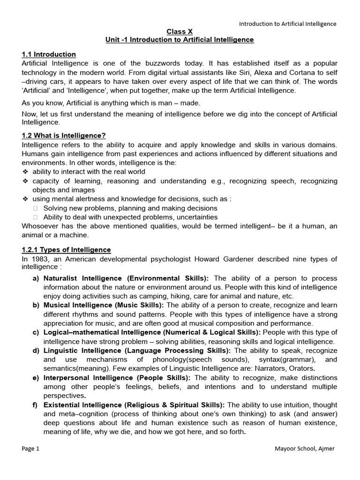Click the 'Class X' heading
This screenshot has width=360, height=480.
click(x=180, y=31)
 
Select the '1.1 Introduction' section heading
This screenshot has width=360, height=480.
click(x=49, y=54)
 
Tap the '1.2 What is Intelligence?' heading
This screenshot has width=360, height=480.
click(x=64, y=136)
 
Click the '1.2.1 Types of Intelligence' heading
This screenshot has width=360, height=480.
click(x=67, y=250)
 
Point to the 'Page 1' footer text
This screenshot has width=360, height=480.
click(x=31, y=449)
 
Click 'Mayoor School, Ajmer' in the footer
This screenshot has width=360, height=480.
click(x=305, y=449)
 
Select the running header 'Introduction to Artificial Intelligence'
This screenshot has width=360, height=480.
click(x=288, y=24)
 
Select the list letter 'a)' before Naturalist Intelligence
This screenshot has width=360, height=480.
click(x=36, y=278)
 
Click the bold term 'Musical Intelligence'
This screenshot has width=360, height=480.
click(x=75, y=305)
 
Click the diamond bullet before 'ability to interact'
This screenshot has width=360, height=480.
click(x=25, y=172)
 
